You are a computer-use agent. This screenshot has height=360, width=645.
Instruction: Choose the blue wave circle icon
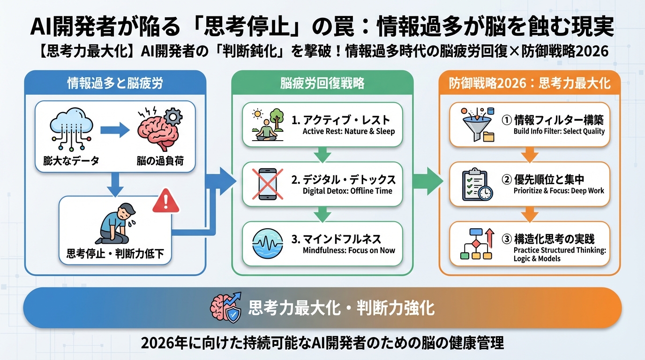268,243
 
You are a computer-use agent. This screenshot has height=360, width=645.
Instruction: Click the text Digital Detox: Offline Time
347,191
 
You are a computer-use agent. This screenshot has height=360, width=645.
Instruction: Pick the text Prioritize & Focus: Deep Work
559,191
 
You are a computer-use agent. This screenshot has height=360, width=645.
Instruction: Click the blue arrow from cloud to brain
114,130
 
